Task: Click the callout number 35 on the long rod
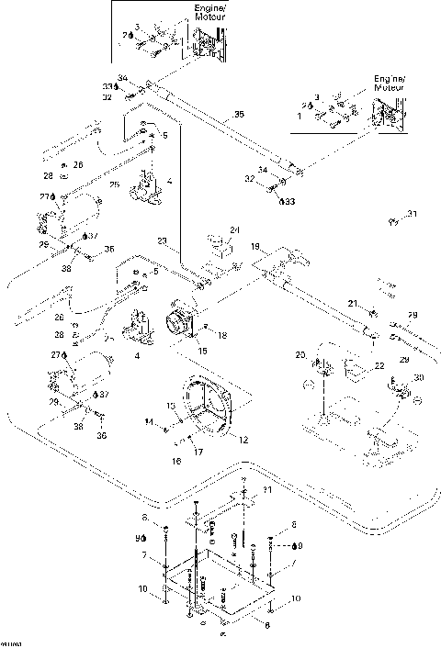click(x=239, y=115)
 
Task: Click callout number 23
click(x=162, y=241)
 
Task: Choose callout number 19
click(x=256, y=246)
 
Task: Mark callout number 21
click(x=351, y=304)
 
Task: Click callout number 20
click(x=300, y=355)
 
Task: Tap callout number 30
click(x=420, y=378)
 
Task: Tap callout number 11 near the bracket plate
click(x=267, y=493)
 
